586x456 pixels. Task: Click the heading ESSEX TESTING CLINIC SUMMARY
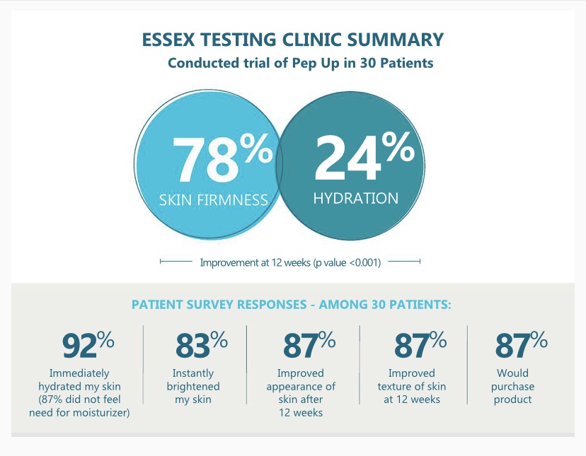(293, 39)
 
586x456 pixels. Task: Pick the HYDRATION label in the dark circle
(355, 197)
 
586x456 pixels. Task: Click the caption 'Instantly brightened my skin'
(193, 386)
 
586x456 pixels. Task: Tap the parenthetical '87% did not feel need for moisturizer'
(79, 406)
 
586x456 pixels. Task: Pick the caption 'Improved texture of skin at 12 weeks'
(417, 386)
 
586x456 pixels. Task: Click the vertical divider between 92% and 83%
(144, 363)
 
